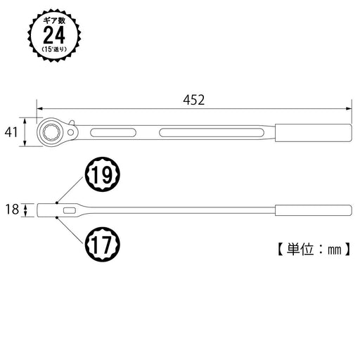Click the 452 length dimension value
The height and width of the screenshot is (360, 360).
click(x=193, y=101)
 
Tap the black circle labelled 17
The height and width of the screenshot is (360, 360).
click(x=103, y=247)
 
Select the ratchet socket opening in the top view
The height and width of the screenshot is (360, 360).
click(x=53, y=131)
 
